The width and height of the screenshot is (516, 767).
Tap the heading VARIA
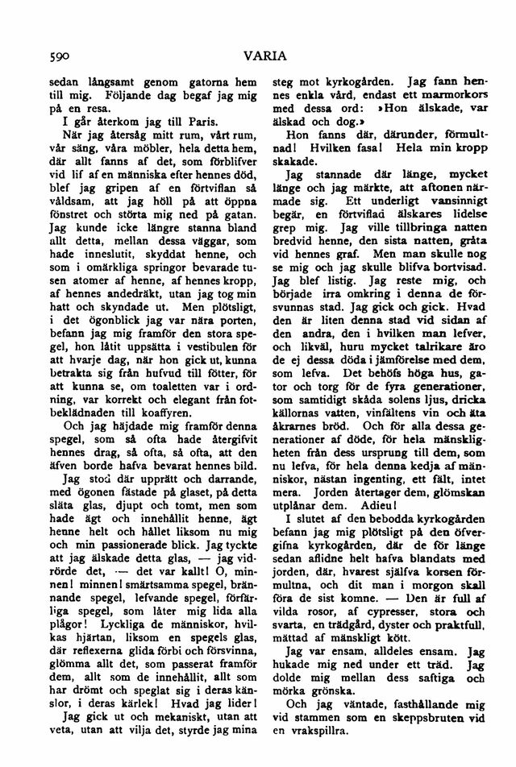pyautogui.click(x=257, y=56)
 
